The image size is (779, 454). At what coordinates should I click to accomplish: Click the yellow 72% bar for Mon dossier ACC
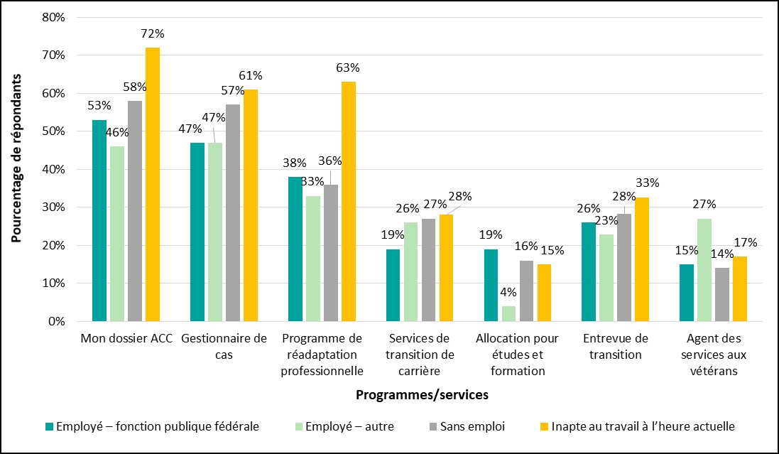click(153, 185)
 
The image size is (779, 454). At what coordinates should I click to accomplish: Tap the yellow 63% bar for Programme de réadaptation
click(349, 202)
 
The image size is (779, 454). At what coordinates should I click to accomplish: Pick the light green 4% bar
click(508, 313)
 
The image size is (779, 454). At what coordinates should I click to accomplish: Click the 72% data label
click(153, 33)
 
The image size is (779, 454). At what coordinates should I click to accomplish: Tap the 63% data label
click(348, 68)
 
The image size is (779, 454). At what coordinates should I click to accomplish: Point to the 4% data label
click(508, 291)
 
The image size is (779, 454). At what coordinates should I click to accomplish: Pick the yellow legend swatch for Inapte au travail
click(545, 426)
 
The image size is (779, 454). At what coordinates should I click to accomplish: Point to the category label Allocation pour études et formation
click(518, 354)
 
